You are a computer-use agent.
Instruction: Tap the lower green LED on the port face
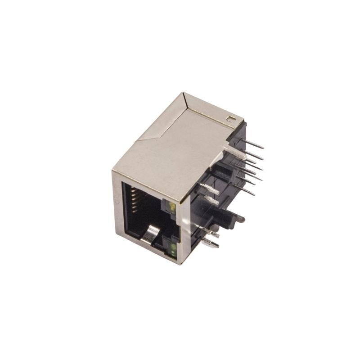coord(173,248)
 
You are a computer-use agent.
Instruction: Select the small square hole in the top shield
coord(231,119)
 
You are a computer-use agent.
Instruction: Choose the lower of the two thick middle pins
coord(211,201)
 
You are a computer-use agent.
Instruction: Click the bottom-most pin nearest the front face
coord(211,244)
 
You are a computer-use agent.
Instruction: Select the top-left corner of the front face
coord(113,171)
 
